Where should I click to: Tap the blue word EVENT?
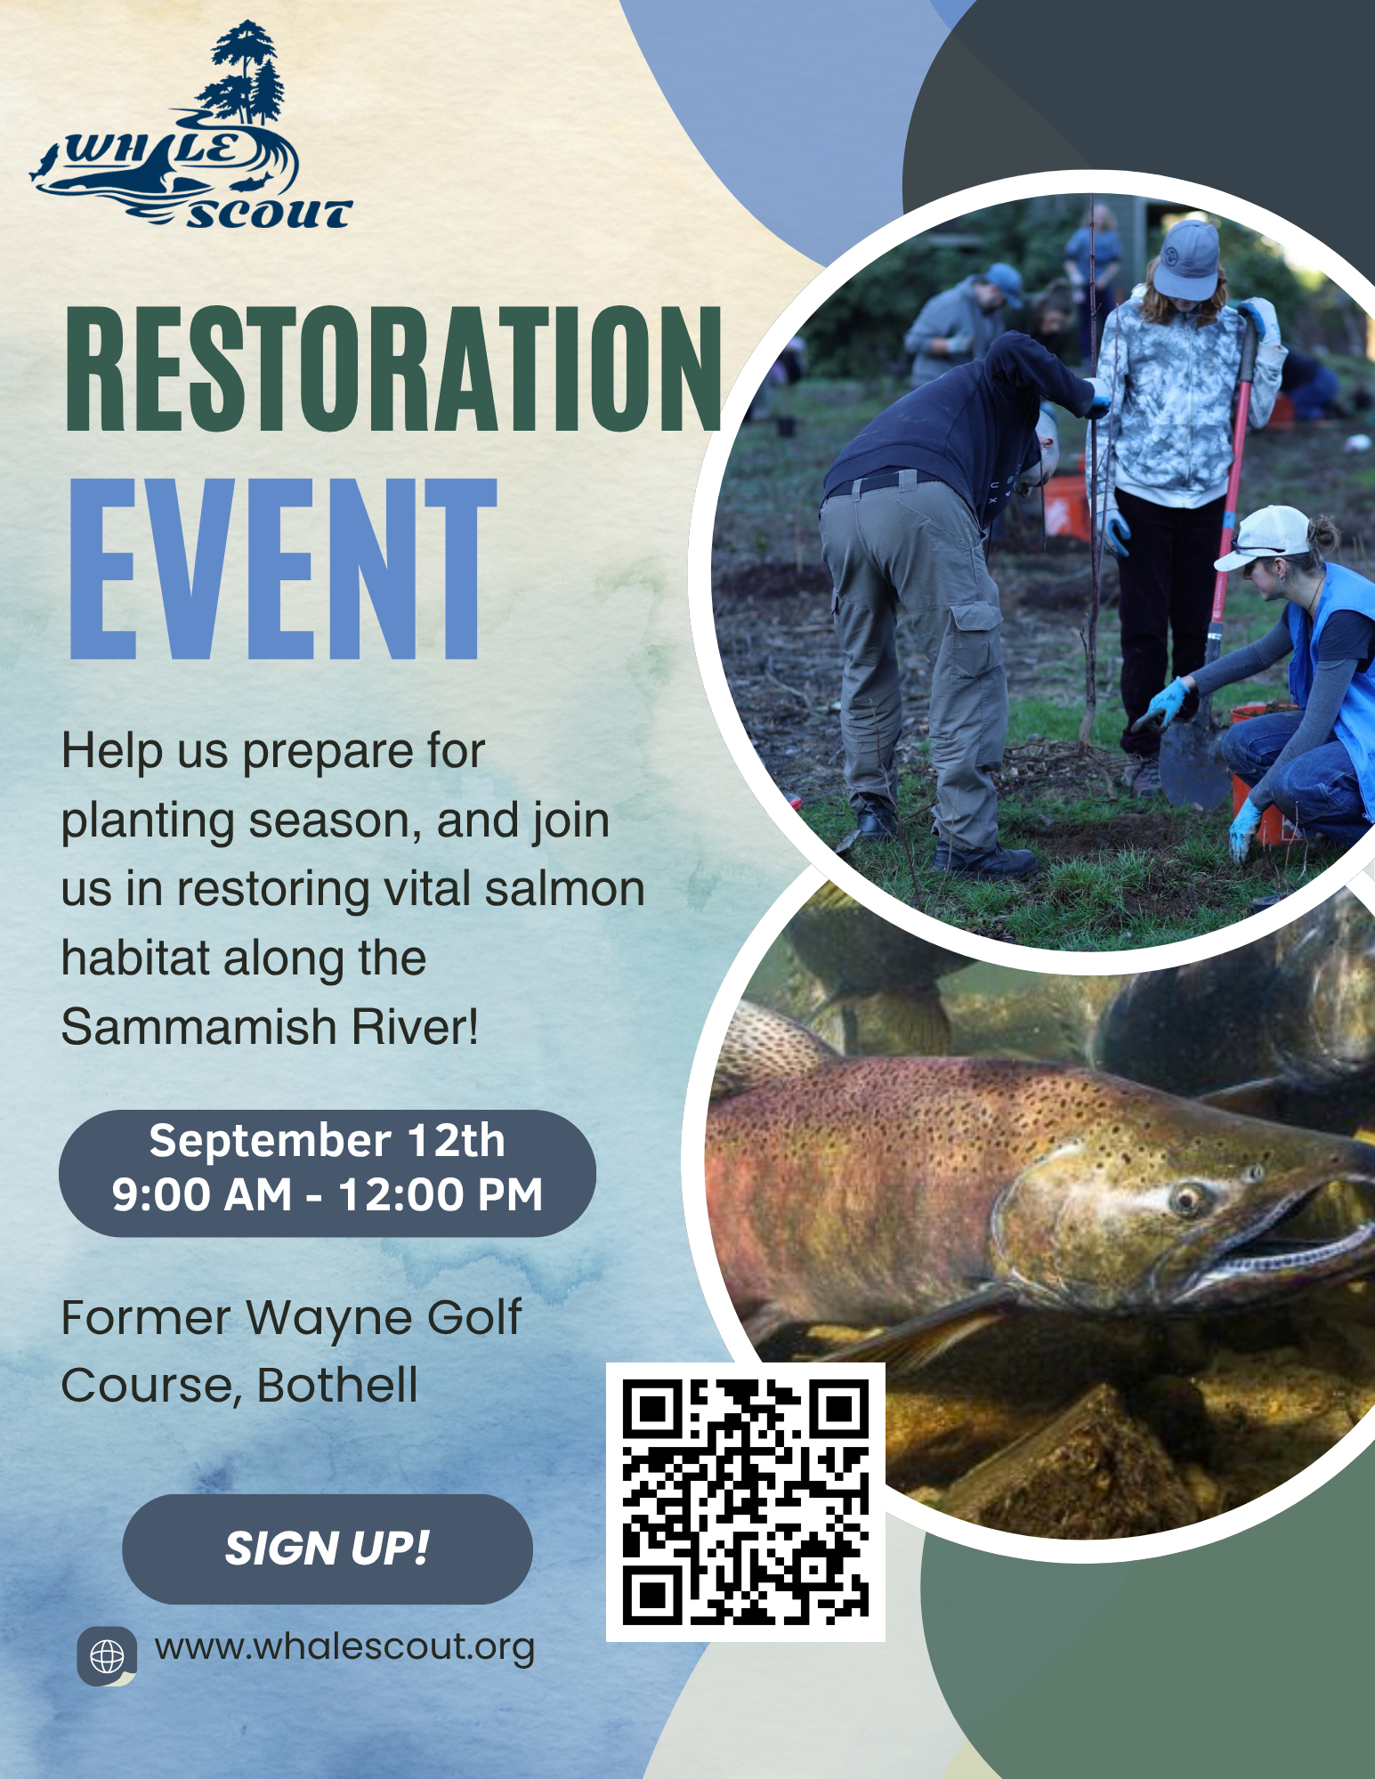pos(283,569)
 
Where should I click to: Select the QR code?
pos(746,1502)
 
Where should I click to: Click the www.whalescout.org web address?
pos(344,1648)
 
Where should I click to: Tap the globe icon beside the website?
pos(107,1656)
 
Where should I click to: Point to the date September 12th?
pos(327,1141)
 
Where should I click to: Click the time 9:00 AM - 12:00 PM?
pos(327,1194)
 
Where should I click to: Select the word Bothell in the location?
pos(337,1385)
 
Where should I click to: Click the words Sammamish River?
pos(270,1027)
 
